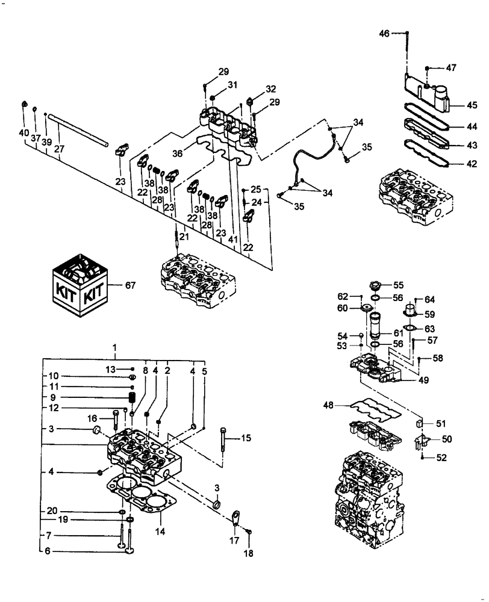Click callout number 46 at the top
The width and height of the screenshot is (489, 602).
click(384, 34)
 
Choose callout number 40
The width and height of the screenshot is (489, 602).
click(24, 132)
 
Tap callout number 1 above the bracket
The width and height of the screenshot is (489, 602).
click(116, 349)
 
